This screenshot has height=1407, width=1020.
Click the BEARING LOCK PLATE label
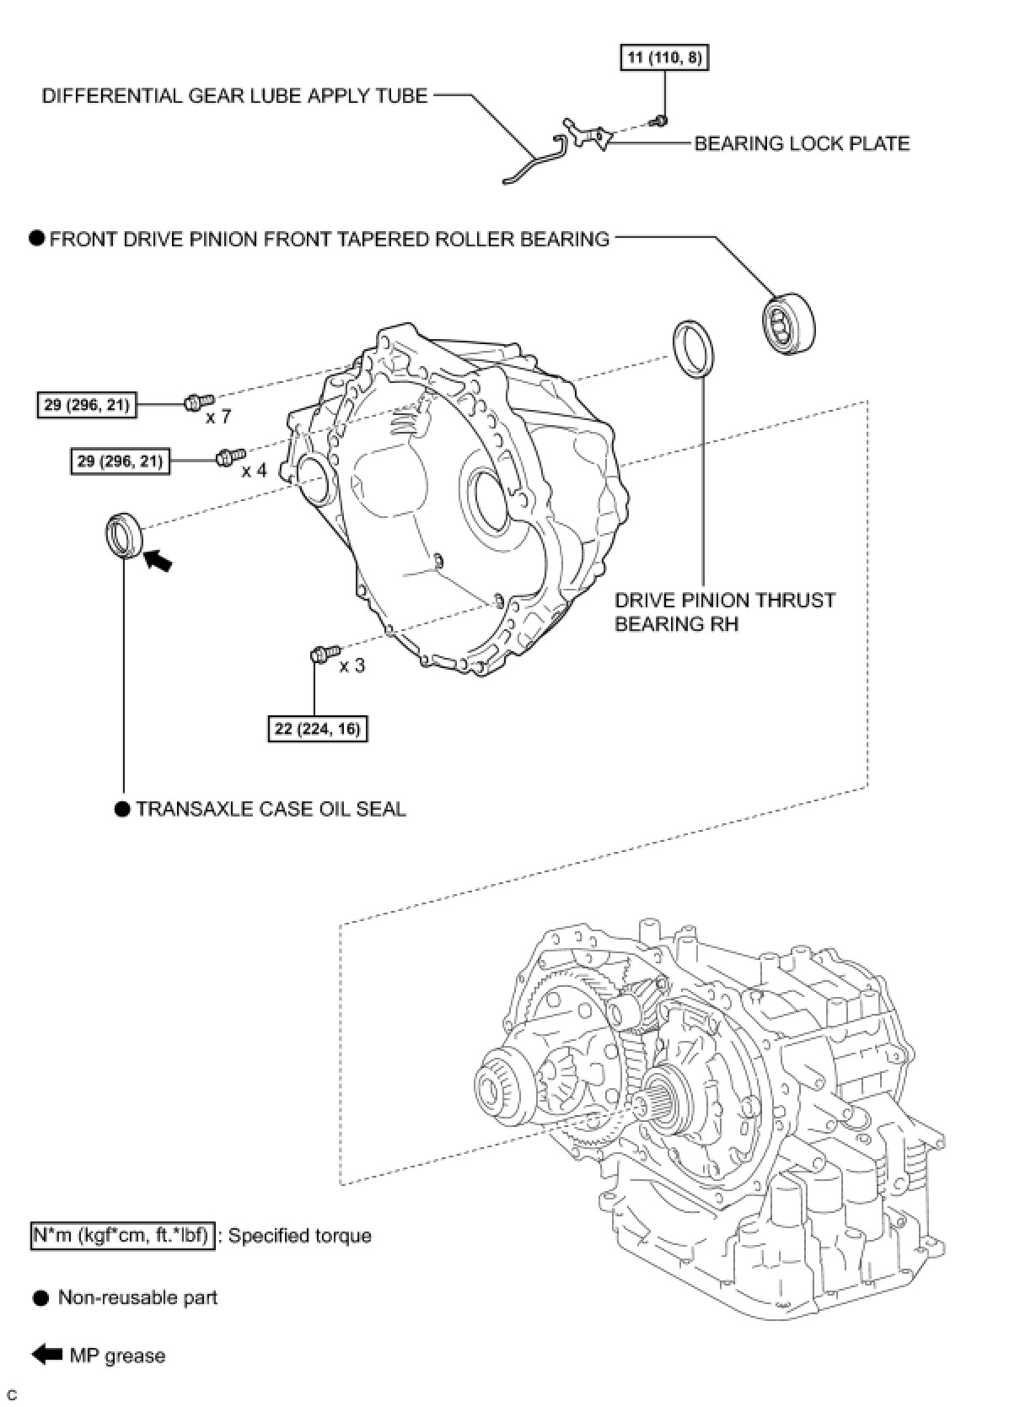(801, 143)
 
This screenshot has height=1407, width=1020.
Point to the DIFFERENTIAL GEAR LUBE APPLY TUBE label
(235, 96)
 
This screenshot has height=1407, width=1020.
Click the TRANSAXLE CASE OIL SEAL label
(271, 809)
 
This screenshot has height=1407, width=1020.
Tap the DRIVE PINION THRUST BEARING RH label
(724, 612)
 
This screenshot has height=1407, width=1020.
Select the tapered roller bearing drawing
(790, 321)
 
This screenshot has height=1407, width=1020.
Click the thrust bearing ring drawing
(695, 347)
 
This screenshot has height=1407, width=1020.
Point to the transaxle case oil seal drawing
(124, 535)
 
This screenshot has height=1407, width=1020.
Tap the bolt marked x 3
(325, 652)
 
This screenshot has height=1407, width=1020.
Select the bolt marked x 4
(228, 456)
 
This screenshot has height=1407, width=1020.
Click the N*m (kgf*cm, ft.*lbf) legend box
(123, 1236)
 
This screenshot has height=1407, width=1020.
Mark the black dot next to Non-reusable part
(41, 1298)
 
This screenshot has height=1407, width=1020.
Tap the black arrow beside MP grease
(47, 1355)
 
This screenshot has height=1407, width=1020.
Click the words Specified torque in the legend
(299, 1236)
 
